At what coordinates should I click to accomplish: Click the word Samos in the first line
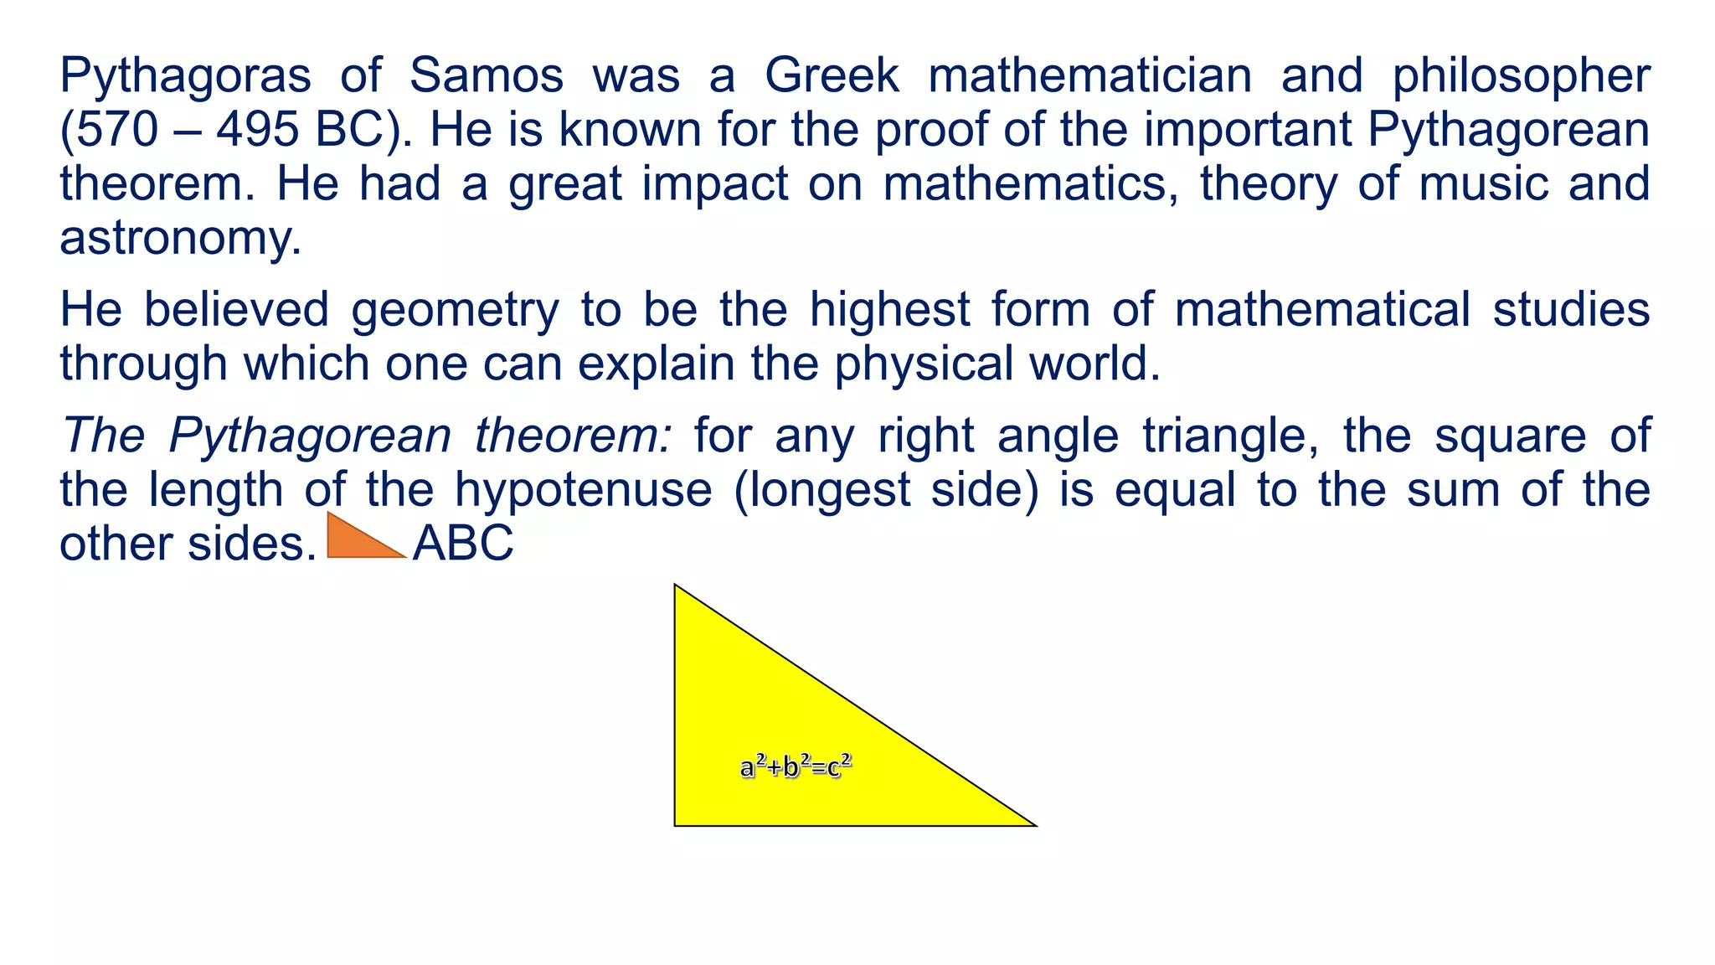click(x=486, y=75)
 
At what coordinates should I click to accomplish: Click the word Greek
click(x=832, y=75)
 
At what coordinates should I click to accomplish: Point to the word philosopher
click(x=1521, y=77)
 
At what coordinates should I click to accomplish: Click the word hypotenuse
click(x=583, y=490)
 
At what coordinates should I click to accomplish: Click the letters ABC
click(x=463, y=544)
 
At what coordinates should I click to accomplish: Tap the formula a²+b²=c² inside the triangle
click(x=796, y=766)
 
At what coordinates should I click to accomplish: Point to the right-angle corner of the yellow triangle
click(x=677, y=823)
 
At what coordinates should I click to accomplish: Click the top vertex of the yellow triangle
click(x=676, y=586)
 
